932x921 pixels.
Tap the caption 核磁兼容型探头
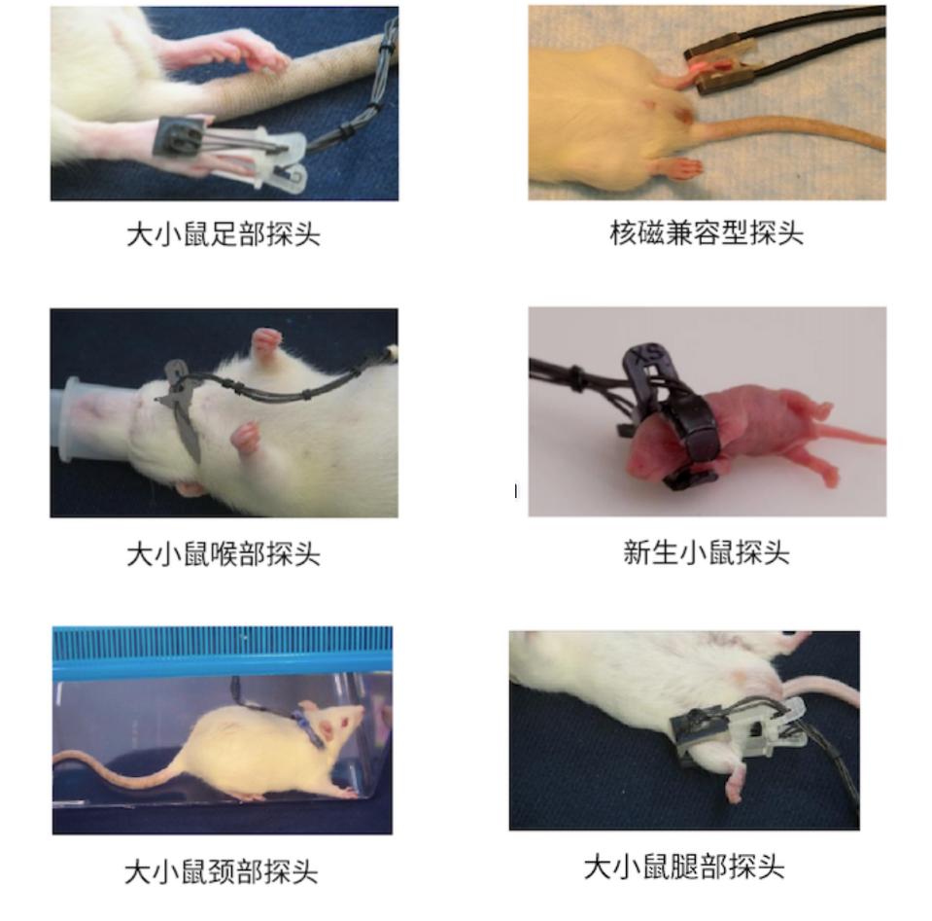click(707, 233)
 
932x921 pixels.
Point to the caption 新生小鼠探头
click(707, 553)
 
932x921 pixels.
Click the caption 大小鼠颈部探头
click(221, 871)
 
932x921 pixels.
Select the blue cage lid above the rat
click(223, 652)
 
